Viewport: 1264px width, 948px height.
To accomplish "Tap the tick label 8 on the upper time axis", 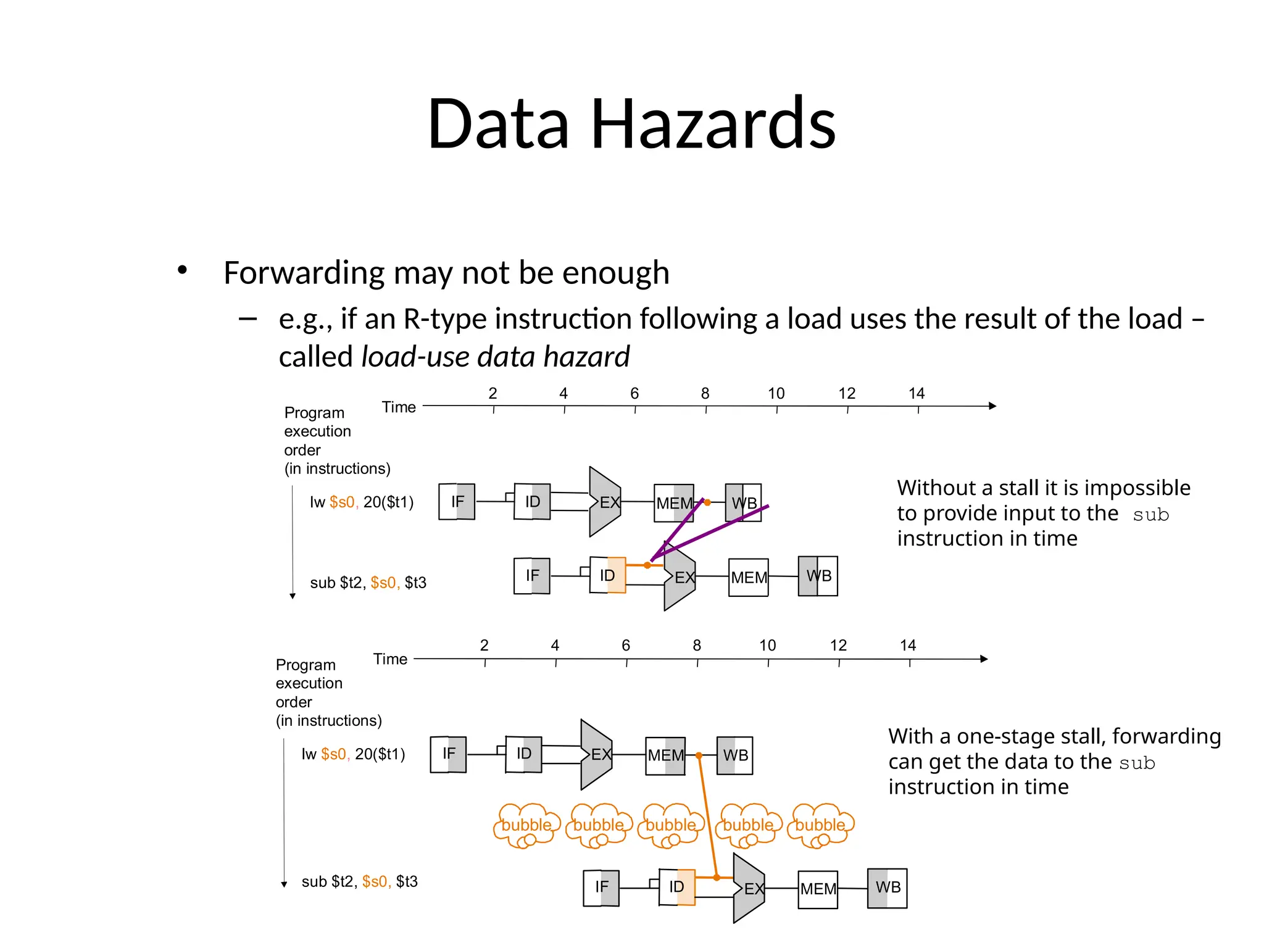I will (x=705, y=394).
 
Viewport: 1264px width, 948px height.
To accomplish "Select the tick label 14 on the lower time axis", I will (x=907, y=646).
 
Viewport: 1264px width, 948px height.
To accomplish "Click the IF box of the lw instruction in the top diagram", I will (x=457, y=502).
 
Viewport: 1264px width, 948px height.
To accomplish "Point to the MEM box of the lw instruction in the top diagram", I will (x=673, y=503).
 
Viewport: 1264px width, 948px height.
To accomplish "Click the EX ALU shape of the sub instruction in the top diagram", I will (x=680, y=578).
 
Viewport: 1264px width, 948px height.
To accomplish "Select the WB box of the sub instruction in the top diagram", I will (x=818, y=576).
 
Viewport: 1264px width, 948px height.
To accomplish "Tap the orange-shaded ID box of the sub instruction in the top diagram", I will (x=608, y=575).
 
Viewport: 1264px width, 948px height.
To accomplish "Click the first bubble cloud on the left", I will (x=526, y=825).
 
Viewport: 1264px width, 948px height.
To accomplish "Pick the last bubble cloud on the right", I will (x=820, y=825).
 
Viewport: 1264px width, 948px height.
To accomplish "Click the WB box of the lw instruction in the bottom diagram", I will (x=734, y=755).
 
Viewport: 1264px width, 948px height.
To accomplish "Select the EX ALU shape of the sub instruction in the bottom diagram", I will (x=749, y=889).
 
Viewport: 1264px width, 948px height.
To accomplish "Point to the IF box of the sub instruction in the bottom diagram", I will (x=601, y=888).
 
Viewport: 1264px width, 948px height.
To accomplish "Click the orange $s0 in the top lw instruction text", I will (x=342, y=502).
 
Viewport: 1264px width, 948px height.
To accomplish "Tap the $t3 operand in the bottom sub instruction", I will (x=407, y=881).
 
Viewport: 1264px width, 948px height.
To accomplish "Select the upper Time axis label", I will (x=399, y=407).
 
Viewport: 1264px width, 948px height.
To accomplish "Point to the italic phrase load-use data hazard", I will (x=495, y=357).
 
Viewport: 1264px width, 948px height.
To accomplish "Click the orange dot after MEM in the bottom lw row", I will (x=699, y=755).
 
